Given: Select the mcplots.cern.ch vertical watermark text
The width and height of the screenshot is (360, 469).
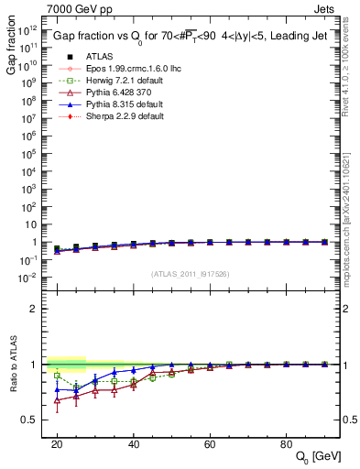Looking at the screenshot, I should coord(349,211).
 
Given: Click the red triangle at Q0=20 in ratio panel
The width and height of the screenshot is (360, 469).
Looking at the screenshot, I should coord(57,400).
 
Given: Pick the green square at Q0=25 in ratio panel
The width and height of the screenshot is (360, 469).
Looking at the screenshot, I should coord(76,387).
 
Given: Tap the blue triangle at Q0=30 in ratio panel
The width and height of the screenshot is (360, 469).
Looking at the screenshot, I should coord(95,379).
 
